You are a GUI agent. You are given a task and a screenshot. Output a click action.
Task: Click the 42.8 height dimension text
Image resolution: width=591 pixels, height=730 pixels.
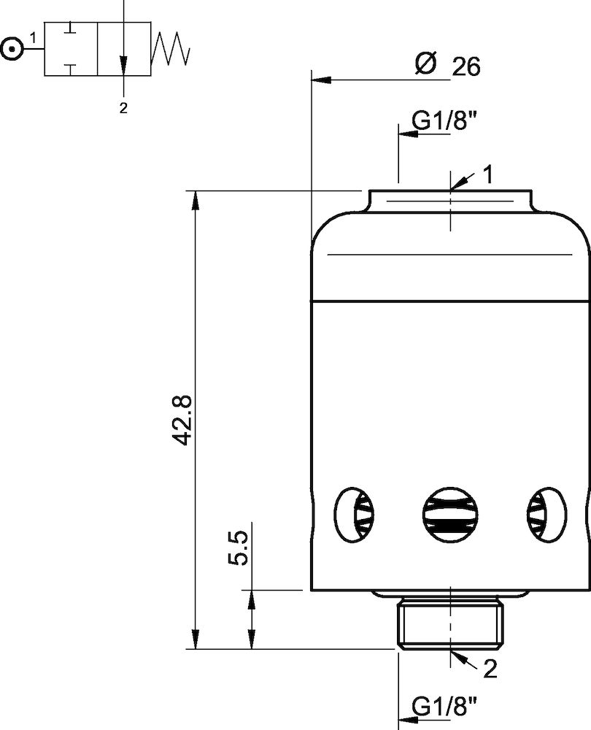click(x=182, y=420)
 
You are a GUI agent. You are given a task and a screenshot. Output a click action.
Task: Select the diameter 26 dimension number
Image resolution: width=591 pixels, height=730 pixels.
click(x=466, y=67)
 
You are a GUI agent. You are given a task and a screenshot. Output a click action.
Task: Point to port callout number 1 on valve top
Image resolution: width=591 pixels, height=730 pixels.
click(x=488, y=174)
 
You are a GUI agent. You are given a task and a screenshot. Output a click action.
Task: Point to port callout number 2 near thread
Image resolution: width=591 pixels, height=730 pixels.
click(x=490, y=667)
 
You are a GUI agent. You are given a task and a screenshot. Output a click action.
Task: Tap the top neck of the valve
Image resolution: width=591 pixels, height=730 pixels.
click(x=449, y=201)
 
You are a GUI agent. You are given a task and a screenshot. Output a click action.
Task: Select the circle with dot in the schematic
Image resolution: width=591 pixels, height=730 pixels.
click(x=11, y=49)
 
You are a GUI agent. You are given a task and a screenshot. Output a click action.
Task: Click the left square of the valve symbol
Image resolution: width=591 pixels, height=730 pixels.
click(x=71, y=49)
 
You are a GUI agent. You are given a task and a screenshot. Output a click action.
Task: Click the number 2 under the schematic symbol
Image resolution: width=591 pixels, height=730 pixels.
click(x=123, y=108)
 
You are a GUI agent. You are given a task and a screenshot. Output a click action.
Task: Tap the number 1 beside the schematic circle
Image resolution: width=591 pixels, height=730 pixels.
click(x=34, y=36)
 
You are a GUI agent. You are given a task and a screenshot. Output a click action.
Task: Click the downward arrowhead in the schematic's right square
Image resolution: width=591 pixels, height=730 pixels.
click(x=124, y=66)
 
